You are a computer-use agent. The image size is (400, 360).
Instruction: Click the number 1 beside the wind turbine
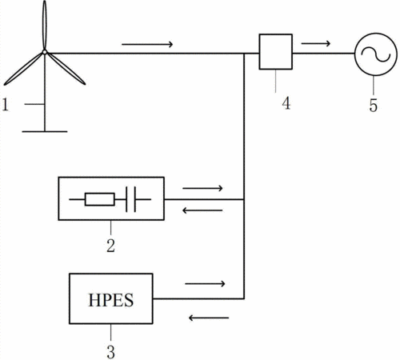6,105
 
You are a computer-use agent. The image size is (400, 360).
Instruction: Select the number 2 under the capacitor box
110,246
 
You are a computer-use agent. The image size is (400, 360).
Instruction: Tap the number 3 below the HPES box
110,352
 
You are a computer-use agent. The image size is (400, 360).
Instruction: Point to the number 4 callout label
286,103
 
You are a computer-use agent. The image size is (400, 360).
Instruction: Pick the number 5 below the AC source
374,105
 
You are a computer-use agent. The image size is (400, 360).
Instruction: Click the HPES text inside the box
110,300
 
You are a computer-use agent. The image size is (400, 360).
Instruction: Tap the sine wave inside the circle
376,54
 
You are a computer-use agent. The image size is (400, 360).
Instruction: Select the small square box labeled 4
276,52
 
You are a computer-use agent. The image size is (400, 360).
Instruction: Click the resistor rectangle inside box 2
100,199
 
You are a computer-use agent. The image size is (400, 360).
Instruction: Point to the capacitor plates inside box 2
130,199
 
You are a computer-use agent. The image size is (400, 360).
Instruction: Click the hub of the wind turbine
45,52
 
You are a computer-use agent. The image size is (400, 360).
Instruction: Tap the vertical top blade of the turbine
45,25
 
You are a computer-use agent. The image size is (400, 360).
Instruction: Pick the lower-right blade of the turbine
66,69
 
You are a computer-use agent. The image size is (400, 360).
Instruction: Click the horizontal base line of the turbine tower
45,131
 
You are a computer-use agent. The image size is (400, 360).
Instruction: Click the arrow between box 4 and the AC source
316,43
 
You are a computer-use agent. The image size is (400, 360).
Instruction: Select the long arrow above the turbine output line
147,44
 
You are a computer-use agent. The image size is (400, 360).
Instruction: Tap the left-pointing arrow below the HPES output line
209,318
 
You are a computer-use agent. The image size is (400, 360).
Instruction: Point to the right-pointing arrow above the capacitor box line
202,188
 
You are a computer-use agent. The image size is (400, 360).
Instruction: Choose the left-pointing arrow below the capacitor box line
202,210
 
